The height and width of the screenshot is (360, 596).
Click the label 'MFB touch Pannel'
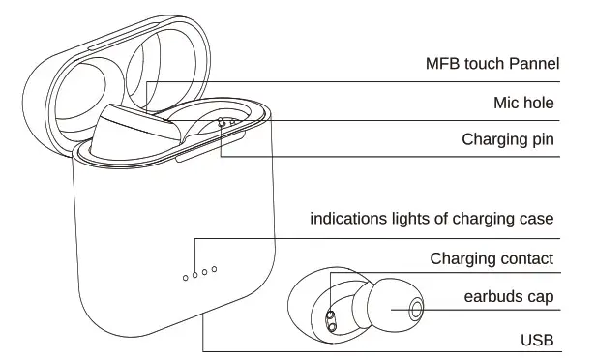tap(492, 65)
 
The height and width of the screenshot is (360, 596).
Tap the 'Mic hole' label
tap(522, 102)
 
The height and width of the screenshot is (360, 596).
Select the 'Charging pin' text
tap(507, 139)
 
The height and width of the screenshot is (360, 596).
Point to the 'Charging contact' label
tap(492, 258)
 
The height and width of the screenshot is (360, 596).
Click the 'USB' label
tap(537, 339)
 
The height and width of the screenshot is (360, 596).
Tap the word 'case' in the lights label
tap(536, 219)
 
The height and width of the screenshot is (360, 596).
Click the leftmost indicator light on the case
tap(186, 278)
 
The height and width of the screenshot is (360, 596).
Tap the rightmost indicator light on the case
tap(216, 268)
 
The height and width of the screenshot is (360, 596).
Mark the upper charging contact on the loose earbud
tap(328, 315)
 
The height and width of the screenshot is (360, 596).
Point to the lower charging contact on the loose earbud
tap(332, 328)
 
